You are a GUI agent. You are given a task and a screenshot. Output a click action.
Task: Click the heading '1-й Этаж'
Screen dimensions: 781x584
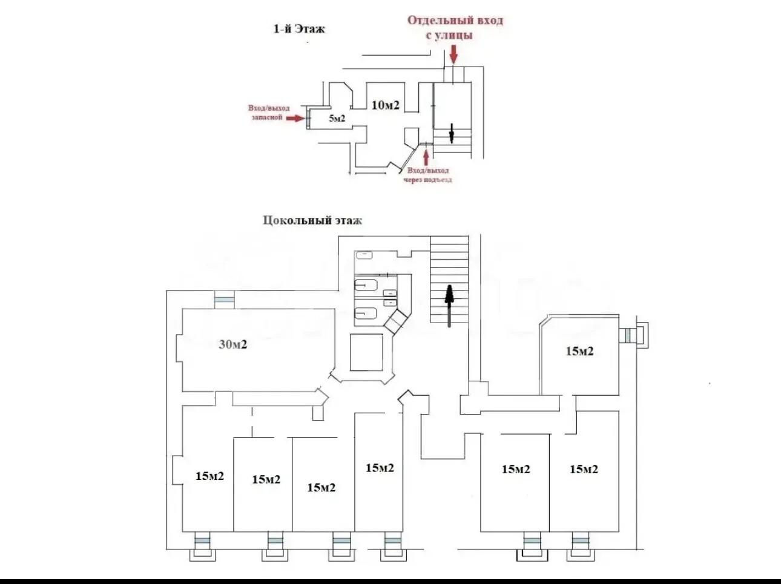point(299,29)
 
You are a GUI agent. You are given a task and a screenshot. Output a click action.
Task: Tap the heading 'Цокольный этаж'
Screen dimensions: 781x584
point(312,220)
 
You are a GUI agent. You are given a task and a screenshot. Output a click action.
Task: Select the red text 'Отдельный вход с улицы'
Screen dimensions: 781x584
point(455,27)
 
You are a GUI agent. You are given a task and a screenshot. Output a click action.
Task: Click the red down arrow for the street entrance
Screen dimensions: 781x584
point(453,54)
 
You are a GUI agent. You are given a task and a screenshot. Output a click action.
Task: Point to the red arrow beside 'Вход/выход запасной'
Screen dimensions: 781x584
point(295,118)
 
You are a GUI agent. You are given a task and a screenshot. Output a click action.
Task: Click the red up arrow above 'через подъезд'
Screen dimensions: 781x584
point(426,157)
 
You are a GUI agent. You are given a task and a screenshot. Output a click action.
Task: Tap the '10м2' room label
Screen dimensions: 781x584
point(385,105)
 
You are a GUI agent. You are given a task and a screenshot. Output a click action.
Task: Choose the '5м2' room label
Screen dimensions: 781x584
point(337,118)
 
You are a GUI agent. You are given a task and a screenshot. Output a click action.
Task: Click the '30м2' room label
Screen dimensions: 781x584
point(232,344)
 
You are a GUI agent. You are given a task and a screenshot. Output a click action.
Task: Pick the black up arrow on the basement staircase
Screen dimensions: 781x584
point(450,306)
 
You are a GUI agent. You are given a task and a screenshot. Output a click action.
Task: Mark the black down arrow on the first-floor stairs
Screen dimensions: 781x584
point(452,133)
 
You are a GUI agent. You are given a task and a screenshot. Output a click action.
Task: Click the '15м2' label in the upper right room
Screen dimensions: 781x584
point(579,351)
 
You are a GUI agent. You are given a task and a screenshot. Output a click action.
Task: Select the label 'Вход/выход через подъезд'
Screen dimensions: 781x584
point(427,175)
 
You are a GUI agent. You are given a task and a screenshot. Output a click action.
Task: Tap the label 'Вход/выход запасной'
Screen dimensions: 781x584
point(269,113)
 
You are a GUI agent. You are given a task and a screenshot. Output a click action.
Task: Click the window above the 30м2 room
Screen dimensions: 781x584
point(225,300)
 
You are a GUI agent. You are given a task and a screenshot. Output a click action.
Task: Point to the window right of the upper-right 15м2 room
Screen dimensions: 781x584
point(628,335)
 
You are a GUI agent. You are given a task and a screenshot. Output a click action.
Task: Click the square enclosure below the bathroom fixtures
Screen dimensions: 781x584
point(366,352)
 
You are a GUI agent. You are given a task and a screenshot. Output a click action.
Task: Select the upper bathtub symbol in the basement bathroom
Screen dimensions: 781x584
point(366,285)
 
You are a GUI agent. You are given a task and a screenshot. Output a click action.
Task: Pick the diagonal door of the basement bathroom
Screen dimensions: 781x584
point(395,321)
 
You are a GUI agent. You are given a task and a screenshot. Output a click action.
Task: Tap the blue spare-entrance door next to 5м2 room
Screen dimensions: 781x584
point(308,119)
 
